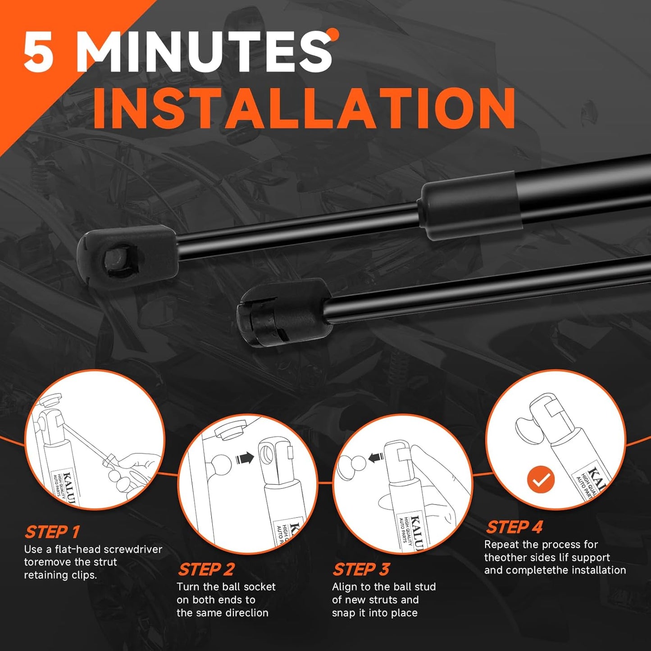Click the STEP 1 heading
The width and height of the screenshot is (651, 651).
52,532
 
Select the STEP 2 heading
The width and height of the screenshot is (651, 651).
206,569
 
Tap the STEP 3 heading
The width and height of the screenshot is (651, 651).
361,569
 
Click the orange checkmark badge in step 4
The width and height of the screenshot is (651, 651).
541,479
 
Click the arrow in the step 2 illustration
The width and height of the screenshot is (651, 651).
245,459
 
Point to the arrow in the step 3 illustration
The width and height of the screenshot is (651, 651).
376,458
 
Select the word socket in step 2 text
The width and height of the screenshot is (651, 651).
259,587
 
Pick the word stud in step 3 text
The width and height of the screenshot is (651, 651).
423,587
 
